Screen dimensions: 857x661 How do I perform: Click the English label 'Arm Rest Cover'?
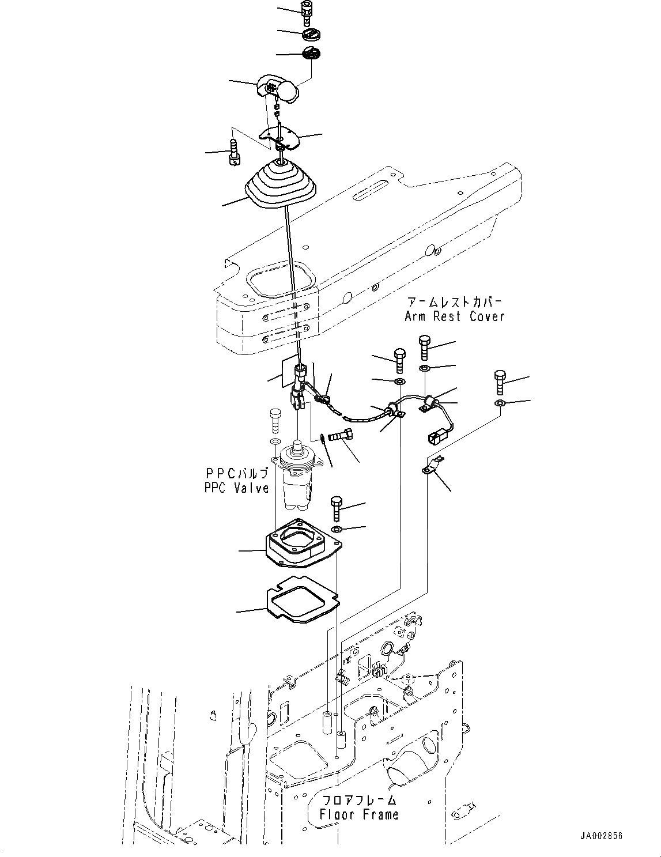454,316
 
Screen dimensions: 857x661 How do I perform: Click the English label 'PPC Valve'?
237,488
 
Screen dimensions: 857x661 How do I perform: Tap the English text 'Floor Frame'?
359,814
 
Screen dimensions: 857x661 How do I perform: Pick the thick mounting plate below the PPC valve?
301,542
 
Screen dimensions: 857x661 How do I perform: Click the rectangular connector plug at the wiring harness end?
436,439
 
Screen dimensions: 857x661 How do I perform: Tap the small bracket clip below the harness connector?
432,465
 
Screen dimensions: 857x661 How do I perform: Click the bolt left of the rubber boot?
233,152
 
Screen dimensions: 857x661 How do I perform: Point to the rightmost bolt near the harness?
500,383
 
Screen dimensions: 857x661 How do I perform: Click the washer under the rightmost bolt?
500,402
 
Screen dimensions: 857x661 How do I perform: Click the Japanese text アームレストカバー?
454,302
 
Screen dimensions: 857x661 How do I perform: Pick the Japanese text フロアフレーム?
359,801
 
